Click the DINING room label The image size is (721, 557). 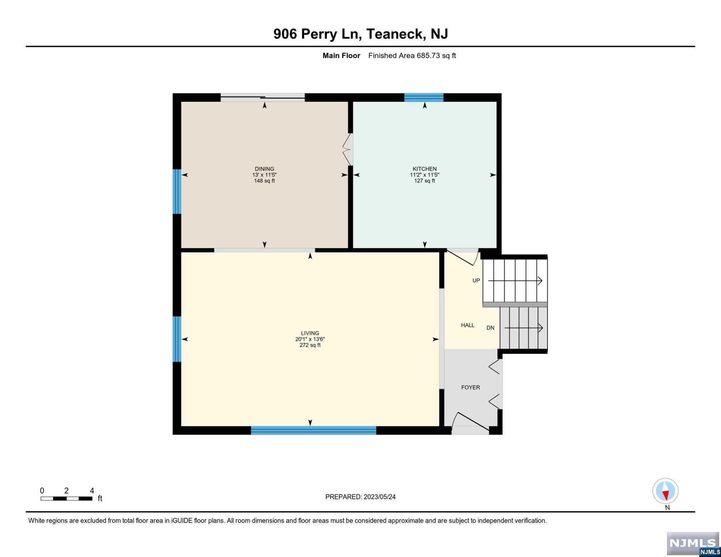[x=264, y=169]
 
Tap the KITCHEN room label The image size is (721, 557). [x=425, y=169]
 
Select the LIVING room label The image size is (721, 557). [x=310, y=333]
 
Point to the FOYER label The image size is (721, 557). [x=470, y=387]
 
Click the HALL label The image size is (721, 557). [x=468, y=325]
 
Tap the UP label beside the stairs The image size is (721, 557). [x=476, y=280]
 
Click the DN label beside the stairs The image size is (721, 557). [x=490, y=328]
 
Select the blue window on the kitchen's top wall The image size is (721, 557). [x=424, y=97]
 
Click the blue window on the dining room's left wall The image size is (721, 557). [x=177, y=191]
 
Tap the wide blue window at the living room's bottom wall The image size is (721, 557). [x=314, y=430]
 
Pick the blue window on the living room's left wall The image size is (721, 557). [x=177, y=339]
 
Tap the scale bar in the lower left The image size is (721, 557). [x=66, y=499]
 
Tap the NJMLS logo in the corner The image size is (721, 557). [x=693, y=544]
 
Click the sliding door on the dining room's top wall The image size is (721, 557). [x=263, y=97]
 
